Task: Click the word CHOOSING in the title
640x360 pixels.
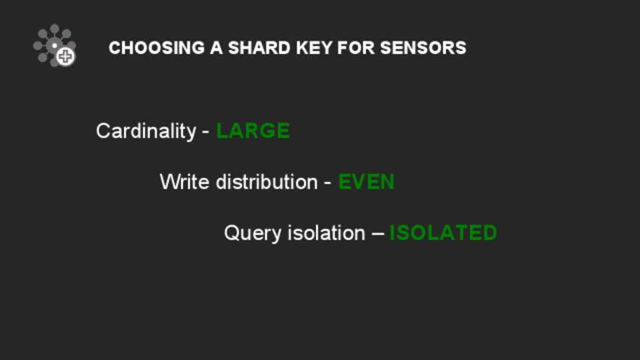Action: [156, 48]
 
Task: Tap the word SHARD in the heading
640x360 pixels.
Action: [259, 48]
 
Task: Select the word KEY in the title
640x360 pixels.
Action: [314, 48]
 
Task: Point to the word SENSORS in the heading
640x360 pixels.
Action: [423, 48]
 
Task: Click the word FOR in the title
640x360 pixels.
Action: [356, 48]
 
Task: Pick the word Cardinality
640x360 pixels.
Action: [146, 132]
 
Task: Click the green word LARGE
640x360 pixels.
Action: [253, 131]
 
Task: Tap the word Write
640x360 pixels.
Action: [185, 181]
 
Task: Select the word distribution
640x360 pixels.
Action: [267, 181]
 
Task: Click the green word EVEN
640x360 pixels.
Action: [366, 181]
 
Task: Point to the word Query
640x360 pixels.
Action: [253, 233]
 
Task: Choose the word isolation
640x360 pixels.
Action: [327, 233]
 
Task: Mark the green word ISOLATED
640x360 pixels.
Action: [443, 233]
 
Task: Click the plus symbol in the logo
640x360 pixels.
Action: [65, 56]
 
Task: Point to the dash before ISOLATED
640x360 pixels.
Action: [378, 234]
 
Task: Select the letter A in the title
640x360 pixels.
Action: [216, 48]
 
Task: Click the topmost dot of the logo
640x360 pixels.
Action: [55, 28]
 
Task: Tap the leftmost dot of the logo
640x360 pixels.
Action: [37, 46]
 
